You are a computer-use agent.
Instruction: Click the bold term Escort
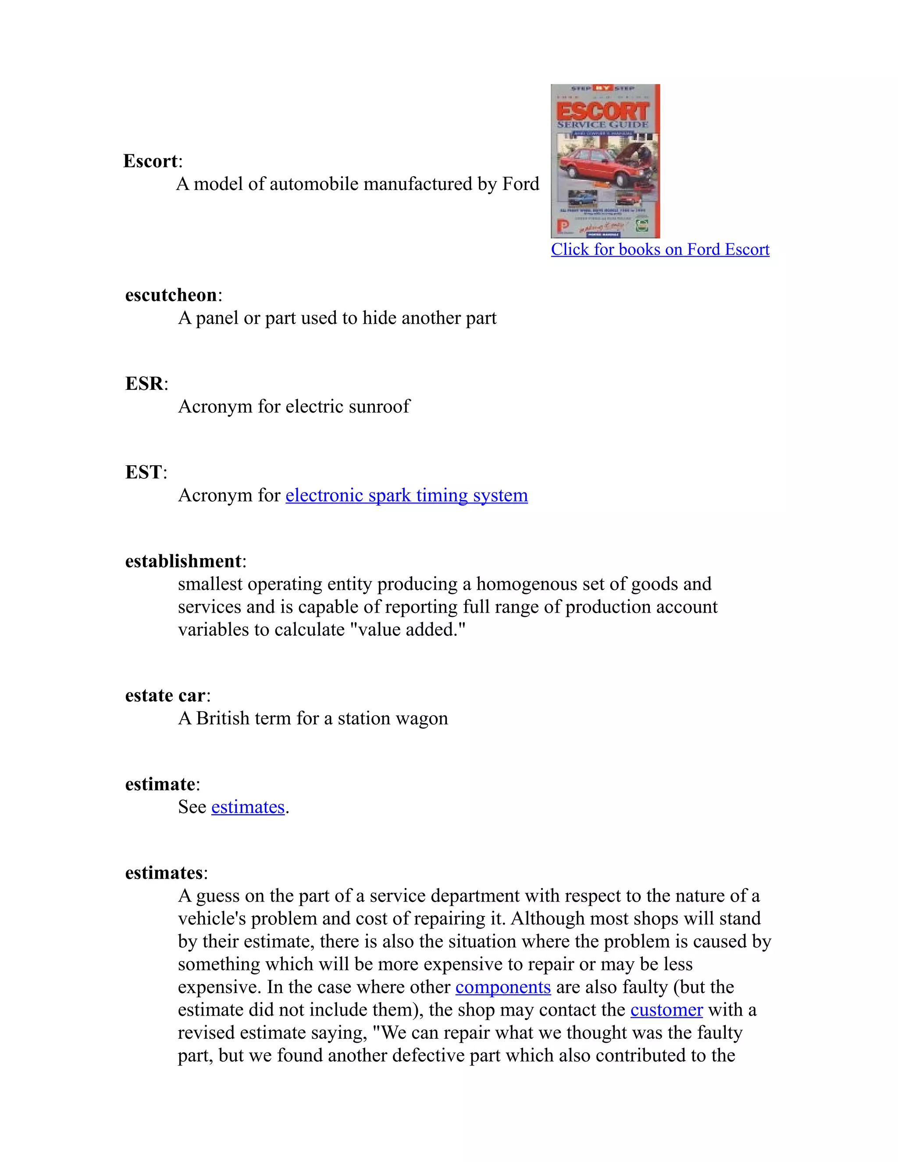(x=150, y=160)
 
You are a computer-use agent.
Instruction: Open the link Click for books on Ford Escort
(x=659, y=249)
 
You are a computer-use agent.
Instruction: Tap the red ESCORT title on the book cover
(x=603, y=111)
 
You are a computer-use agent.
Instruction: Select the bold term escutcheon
(x=171, y=295)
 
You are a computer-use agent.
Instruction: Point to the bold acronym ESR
(x=144, y=383)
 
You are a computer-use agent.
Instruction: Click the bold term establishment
(x=183, y=561)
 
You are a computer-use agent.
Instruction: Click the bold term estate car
(x=165, y=695)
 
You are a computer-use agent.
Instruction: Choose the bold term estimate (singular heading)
(x=160, y=784)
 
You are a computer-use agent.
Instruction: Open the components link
(x=503, y=987)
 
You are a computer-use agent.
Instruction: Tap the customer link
(x=666, y=1010)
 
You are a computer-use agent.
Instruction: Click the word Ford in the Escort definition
(x=521, y=184)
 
